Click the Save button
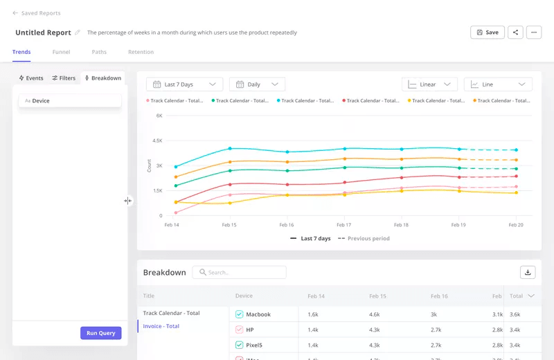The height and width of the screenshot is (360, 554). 487,33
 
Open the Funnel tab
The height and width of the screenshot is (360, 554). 61,52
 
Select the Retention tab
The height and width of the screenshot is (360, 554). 141,52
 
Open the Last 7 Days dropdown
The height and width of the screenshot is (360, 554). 184,84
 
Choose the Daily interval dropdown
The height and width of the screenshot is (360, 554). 257,84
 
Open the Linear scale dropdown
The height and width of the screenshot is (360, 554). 429,84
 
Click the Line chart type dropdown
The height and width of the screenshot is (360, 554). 498,84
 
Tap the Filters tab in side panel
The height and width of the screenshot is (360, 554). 64,78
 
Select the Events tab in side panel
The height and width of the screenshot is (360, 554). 31,78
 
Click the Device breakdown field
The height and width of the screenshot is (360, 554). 69,101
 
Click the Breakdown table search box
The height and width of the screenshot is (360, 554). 239,273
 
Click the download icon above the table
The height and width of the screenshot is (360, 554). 528,273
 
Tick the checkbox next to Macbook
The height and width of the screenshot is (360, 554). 239,314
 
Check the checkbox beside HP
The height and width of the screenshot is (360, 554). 239,330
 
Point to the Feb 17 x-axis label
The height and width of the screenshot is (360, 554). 343,225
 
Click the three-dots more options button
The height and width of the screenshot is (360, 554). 533,33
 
